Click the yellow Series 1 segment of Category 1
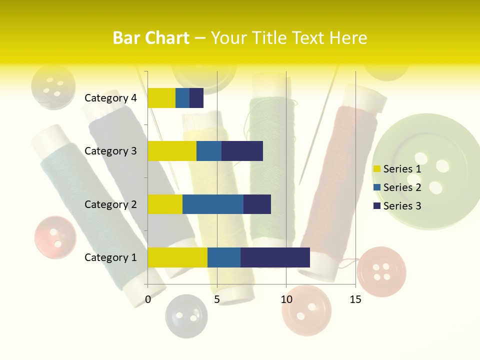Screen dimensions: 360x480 coord(177,257)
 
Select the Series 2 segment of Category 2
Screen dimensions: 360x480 coord(213,204)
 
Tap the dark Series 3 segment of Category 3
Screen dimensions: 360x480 coord(242,151)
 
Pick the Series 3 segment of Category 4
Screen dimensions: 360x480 coord(196,98)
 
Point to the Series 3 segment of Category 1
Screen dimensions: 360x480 coord(275,257)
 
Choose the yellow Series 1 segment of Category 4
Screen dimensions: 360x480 coord(161,98)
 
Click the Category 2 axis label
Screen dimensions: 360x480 coord(110,204)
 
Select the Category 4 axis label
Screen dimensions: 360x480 coord(110,98)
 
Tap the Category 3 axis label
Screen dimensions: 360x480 coord(110,151)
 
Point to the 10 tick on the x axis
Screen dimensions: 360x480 coord(286,299)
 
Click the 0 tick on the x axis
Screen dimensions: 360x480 coord(148,299)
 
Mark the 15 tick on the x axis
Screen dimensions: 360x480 coord(355,299)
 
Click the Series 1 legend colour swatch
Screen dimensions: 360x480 coord(376,169)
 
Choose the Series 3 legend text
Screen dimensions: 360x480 coord(402,206)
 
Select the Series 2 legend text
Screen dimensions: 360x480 coord(402,187)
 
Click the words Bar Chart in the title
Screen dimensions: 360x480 coord(151,38)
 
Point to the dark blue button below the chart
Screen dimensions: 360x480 coord(186,315)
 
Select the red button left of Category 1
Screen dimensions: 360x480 coord(55,237)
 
